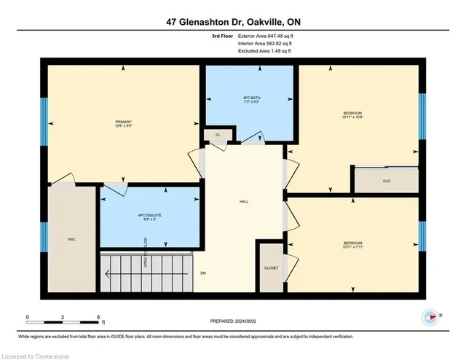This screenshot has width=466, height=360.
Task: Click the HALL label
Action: coord(245,203)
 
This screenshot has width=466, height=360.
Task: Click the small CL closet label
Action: coord(218,135)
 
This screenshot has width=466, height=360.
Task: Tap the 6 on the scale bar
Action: coord(98,317)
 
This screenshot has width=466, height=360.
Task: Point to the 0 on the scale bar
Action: coord(27,317)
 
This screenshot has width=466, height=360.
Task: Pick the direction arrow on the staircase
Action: coord(109,275)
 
